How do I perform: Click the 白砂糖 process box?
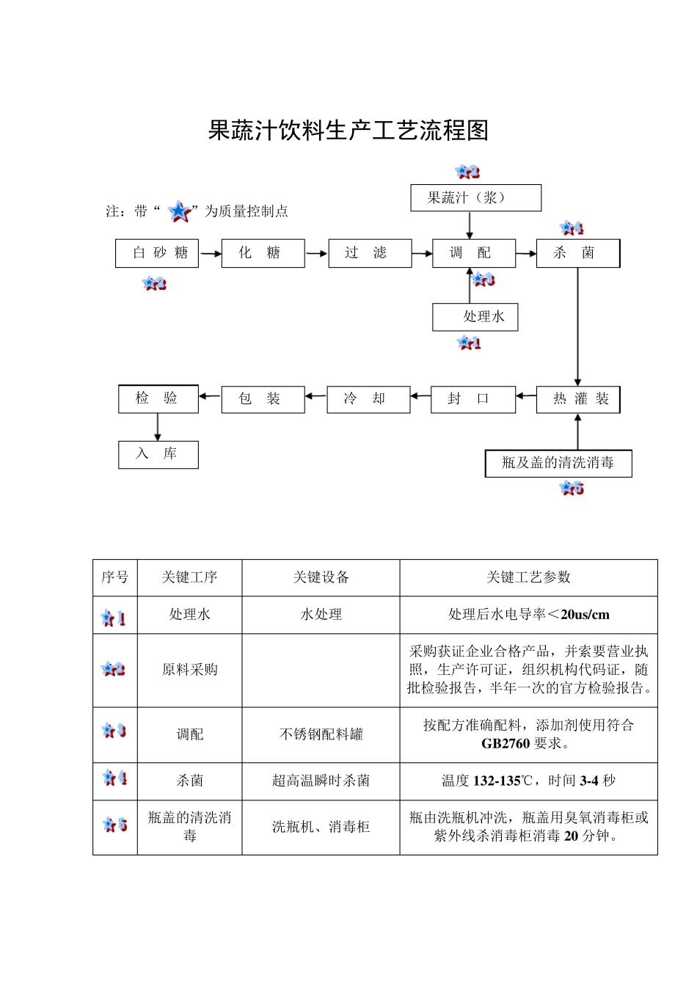pyautogui.click(x=157, y=253)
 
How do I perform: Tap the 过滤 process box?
pyautogui.click(x=370, y=253)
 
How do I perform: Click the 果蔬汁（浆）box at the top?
pyautogui.click(x=475, y=198)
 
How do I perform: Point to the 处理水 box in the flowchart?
pyautogui.click(x=475, y=317)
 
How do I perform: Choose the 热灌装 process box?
pyautogui.click(x=578, y=399)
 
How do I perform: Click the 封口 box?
pyautogui.click(x=472, y=399)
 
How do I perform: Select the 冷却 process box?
pyautogui.click(x=368, y=399)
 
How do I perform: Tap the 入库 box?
pyautogui.click(x=158, y=454)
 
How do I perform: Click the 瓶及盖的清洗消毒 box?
pyautogui.click(x=558, y=463)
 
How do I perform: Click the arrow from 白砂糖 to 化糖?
pyautogui.click(x=211, y=254)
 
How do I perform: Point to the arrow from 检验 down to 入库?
pyautogui.click(x=158, y=428)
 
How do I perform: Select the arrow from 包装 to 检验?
pyautogui.click(x=210, y=397)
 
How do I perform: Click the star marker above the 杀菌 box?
pyautogui.click(x=572, y=229)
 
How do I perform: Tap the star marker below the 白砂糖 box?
pyautogui.click(x=154, y=283)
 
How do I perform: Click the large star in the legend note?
pyautogui.click(x=179, y=211)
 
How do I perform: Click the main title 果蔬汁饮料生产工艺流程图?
pyautogui.click(x=348, y=131)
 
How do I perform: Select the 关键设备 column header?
pyautogui.click(x=321, y=577)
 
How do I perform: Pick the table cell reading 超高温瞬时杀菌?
pyautogui.click(x=321, y=781)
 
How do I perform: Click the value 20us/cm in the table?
pyautogui.click(x=585, y=615)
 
